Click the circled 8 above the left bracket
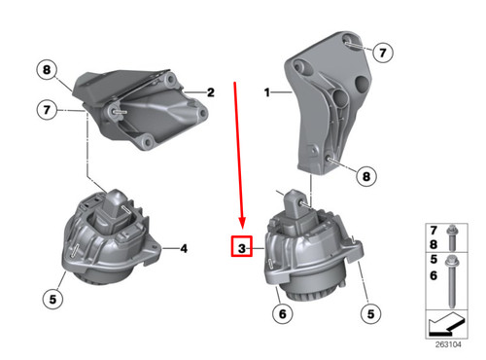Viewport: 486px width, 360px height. pyautogui.click(x=46, y=70)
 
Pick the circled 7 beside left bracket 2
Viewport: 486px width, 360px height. pyautogui.click(x=46, y=111)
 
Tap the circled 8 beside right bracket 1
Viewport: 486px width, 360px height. pyautogui.click(x=364, y=177)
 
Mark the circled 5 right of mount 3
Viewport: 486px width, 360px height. pyautogui.click(x=368, y=313)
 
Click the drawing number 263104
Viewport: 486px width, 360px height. pyautogui.click(x=448, y=343)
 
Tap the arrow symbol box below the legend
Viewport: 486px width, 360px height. pyautogui.click(x=448, y=320)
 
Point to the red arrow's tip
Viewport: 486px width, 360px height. pyautogui.click(x=240, y=227)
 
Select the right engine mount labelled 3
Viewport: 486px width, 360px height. pyautogui.click(x=311, y=253)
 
